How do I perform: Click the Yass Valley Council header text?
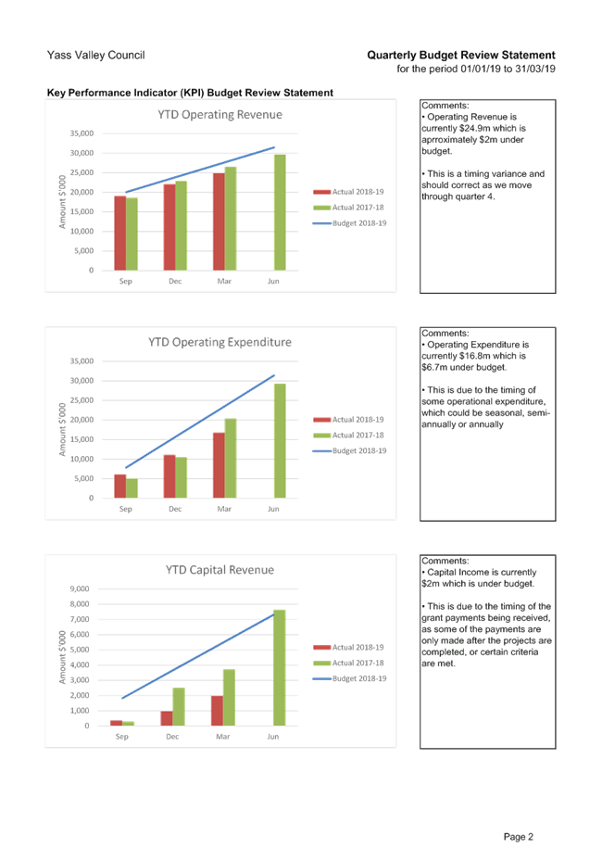[x=95, y=56]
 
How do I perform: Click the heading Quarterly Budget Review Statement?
[x=461, y=56]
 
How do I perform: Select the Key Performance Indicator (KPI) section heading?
[x=190, y=93]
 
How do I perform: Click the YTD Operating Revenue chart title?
[x=219, y=115]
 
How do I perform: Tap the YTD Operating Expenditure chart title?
[x=219, y=343]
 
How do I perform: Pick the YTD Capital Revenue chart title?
[x=219, y=569]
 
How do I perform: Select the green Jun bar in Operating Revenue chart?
[x=278, y=212]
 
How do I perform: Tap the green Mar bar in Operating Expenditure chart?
[x=230, y=458]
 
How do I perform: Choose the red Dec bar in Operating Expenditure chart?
[x=169, y=476]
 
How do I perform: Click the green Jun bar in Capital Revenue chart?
[x=279, y=667]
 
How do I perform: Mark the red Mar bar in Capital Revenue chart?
[x=216, y=711]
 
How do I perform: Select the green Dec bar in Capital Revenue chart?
[x=179, y=706]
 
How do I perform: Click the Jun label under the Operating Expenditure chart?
[x=272, y=509]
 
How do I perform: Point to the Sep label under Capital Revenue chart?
[x=121, y=737]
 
